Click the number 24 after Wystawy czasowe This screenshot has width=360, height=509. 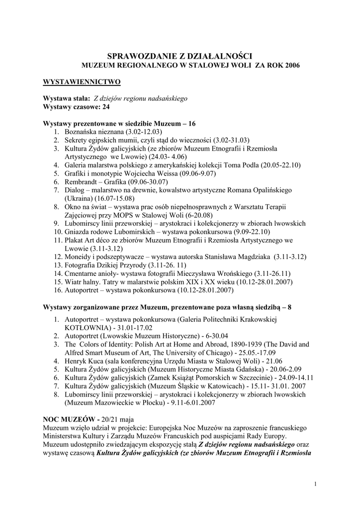pyautogui.click(x=105, y=106)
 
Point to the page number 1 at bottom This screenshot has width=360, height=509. pyautogui.click(x=316, y=484)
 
